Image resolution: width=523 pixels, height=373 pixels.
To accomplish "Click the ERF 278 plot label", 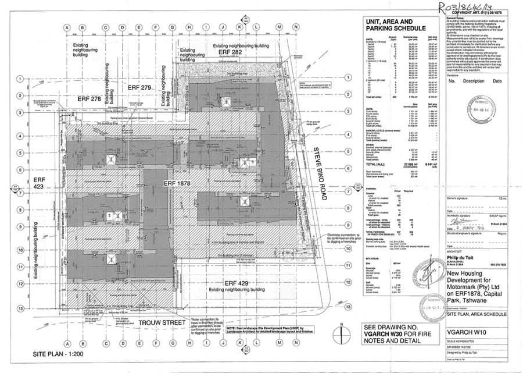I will point(89,100).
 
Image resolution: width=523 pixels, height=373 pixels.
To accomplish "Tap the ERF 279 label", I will point(139,87).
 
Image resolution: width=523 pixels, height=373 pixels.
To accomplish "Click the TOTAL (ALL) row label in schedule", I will point(377,165).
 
